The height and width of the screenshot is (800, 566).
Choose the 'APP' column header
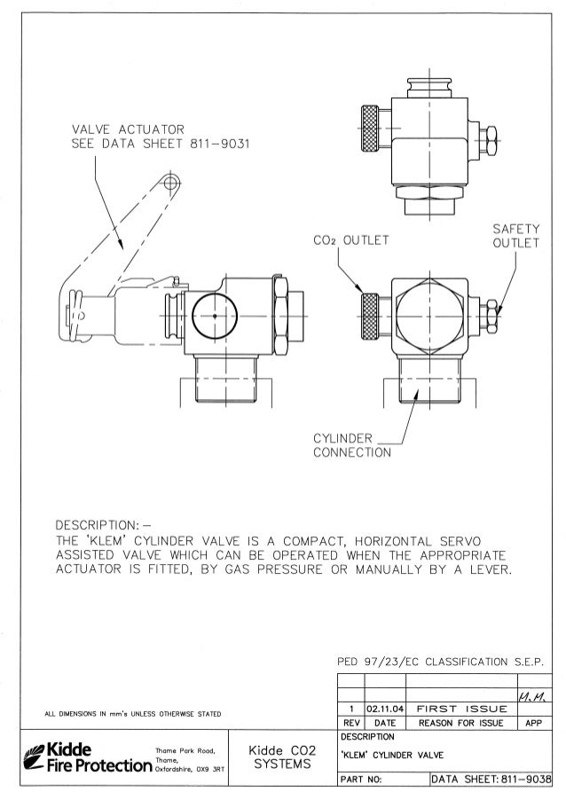pos(533,723)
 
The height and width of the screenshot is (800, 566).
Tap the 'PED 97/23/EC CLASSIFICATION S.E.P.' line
pos(440,662)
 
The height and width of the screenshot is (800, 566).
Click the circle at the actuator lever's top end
pos(169,184)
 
